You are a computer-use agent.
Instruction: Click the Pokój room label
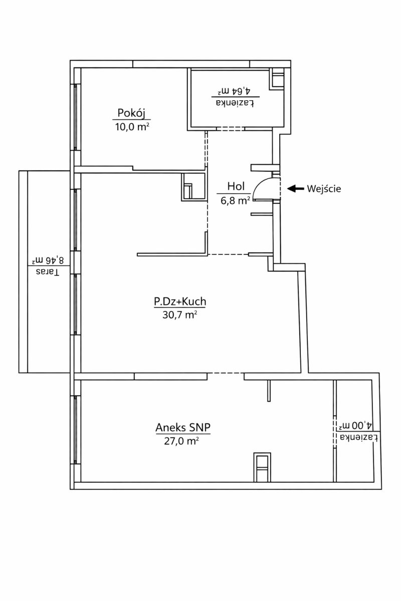point(131,113)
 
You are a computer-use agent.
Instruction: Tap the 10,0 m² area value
point(132,126)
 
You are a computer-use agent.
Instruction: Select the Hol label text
point(236,186)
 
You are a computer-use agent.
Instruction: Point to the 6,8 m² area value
point(236,200)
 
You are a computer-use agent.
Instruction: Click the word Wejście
point(324,189)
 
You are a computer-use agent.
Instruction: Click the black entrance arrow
point(295,189)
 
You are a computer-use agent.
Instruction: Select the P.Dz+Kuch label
point(180,302)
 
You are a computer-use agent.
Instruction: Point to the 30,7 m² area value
point(179,315)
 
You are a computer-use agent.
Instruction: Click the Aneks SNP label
point(183,427)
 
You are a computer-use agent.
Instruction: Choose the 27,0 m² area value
point(181,441)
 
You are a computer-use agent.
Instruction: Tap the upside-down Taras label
point(48,272)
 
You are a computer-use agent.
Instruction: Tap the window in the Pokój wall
point(76,117)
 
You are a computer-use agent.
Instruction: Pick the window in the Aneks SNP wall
point(76,430)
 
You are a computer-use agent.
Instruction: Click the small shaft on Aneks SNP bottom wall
point(262,467)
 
